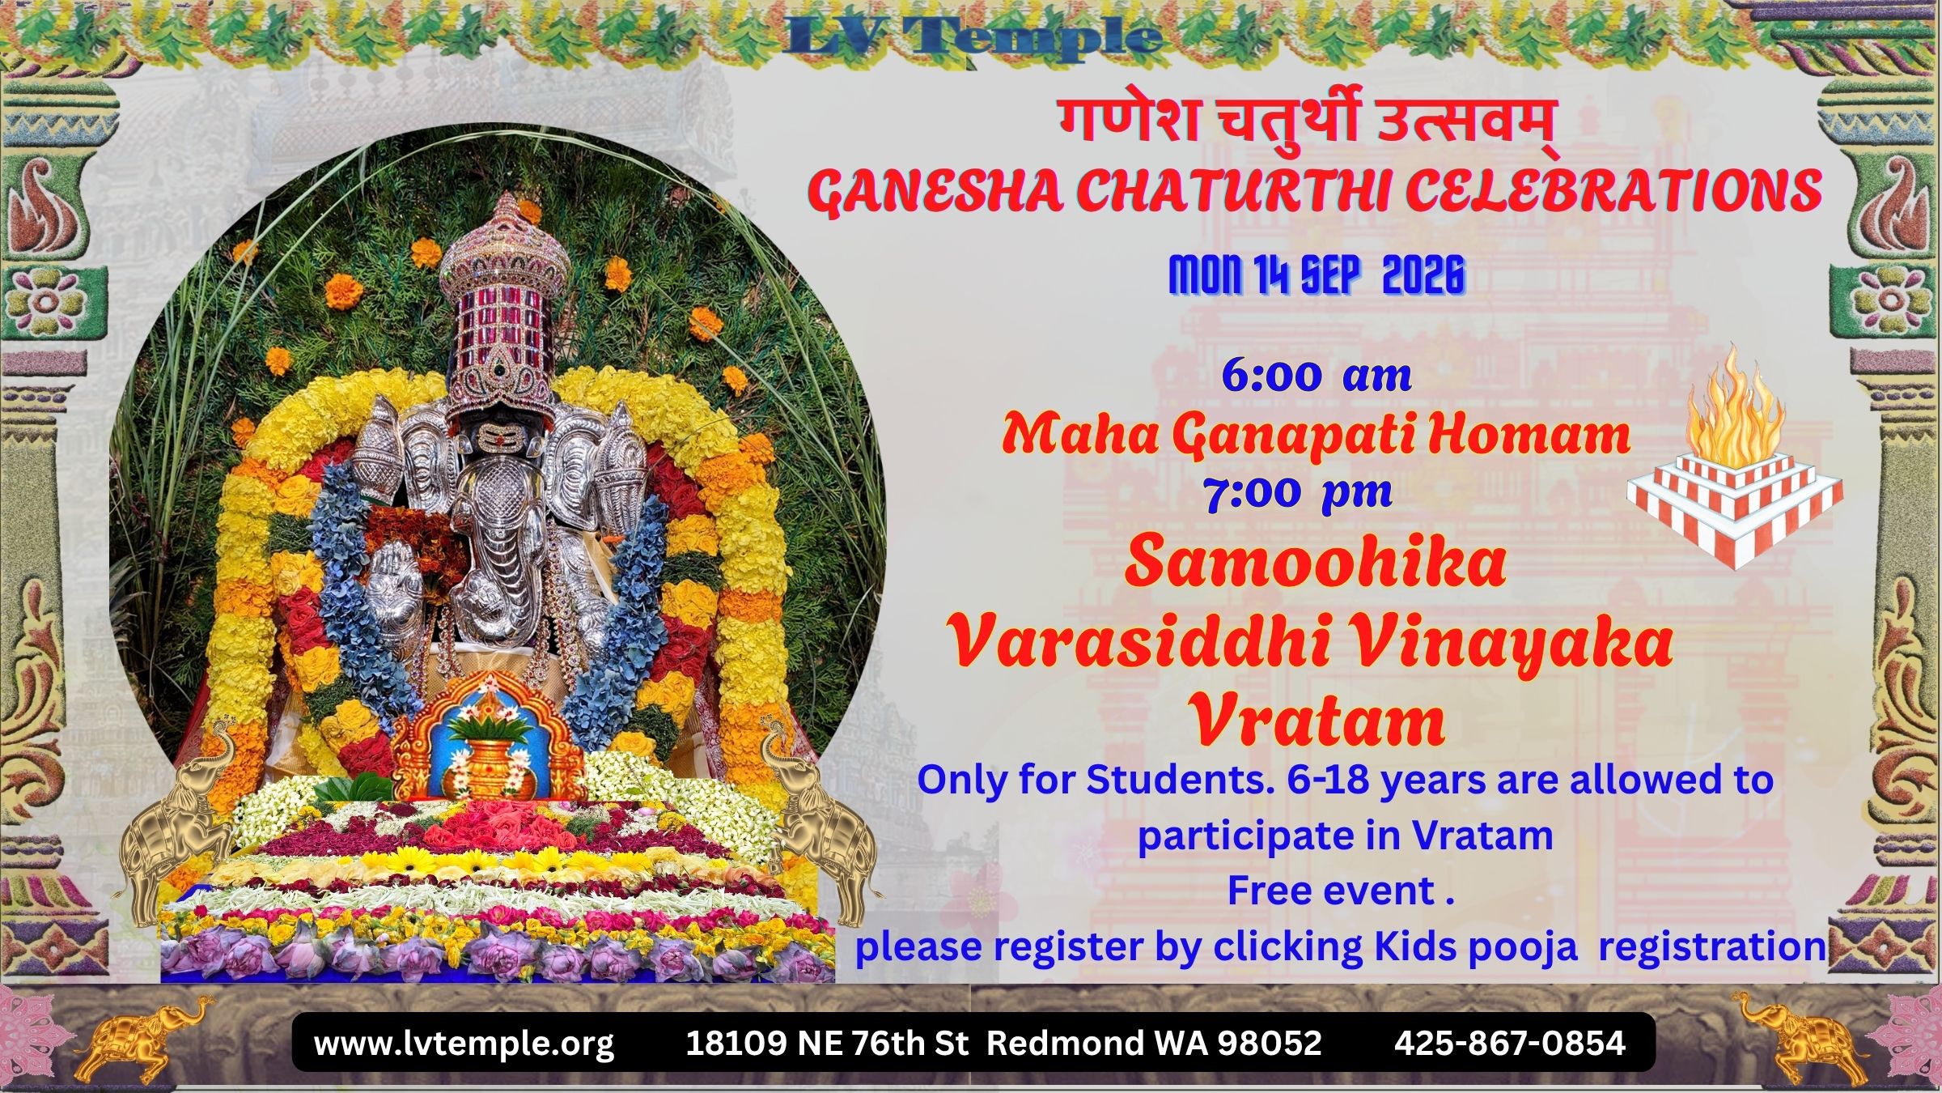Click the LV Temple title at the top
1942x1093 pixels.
pos(971,37)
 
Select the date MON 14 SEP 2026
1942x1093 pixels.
pos(1317,275)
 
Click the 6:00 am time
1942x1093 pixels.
pos(1317,376)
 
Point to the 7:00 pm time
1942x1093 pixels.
pos(1298,493)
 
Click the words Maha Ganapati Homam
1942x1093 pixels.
pos(1316,436)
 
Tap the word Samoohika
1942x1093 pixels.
pos(1315,561)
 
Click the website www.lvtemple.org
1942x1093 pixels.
pos(464,1043)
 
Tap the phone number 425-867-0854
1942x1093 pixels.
pos(1510,1043)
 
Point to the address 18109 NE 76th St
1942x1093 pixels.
pos(827,1043)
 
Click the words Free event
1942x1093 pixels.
pos(1340,891)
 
